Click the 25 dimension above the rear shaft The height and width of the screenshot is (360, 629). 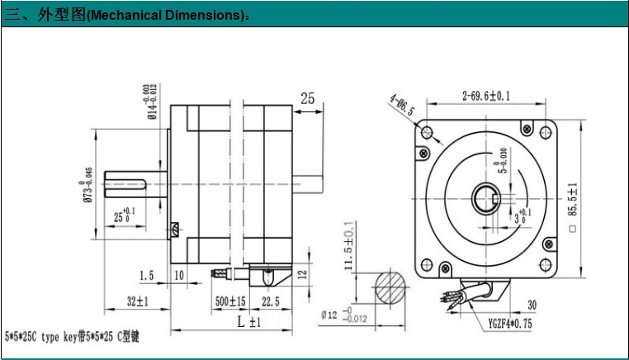click(x=307, y=99)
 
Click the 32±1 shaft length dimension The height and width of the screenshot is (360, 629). click(x=136, y=302)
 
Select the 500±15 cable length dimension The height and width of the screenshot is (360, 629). click(x=230, y=302)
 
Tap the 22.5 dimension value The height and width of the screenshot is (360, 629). click(x=269, y=302)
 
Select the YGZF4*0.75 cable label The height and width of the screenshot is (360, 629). click(x=510, y=324)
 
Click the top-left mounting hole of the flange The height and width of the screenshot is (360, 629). click(x=426, y=132)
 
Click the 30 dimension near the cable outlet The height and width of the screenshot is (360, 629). click(x=532, y=305)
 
